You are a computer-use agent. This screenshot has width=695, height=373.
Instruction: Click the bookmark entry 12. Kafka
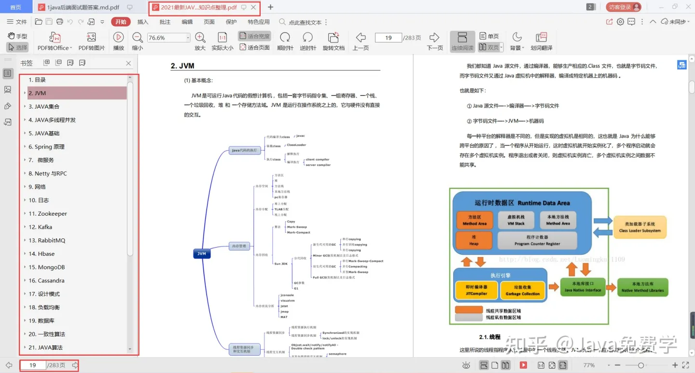pyautogui.click(x=40, y=227)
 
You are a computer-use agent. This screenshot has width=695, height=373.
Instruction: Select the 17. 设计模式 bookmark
pyautogui.click(x=44, y=294)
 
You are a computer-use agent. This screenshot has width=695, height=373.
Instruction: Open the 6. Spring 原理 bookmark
pyautogui.click(x=46, y=147)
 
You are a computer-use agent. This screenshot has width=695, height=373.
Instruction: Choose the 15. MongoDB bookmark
pyautogui.click(x=46, y=267)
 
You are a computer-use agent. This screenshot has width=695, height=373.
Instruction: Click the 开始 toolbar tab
pyautogui.click(x=121, y=22)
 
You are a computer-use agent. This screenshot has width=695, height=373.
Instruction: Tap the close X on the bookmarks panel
pyautogui.click(x=128, y=63)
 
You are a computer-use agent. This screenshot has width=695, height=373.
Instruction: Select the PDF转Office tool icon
pyautogui.click(x=55, y=38)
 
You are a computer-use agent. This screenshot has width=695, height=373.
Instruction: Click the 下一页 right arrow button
pyautogui.click(x=434, y=38)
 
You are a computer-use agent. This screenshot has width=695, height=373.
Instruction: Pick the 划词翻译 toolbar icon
pyautogui.click(x=541, y=38)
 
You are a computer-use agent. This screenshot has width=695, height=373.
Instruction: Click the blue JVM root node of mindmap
pyautogui.click(x=202, y=253)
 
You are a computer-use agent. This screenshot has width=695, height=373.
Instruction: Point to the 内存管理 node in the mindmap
pyautogui.click(x=239, y=246)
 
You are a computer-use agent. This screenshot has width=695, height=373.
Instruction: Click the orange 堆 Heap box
pyautogui.click(x=474, y=240)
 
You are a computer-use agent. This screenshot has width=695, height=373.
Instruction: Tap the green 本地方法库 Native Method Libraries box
pyautogui.click(x=642, y=287)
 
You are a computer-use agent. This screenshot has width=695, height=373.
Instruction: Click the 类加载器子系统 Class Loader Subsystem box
pyautogui.click(x=640, y=227)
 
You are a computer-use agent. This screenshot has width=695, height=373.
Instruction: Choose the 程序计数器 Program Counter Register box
pyautogui.click(x=537, y=240)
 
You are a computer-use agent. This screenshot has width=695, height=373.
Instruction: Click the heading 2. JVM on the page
pyautogui.click(x=182, y=66)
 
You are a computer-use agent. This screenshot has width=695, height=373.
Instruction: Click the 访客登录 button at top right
pyautogui.click(x=624, y=7)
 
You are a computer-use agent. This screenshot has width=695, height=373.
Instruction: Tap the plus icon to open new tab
pyautogui.click(x=270, y=7)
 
